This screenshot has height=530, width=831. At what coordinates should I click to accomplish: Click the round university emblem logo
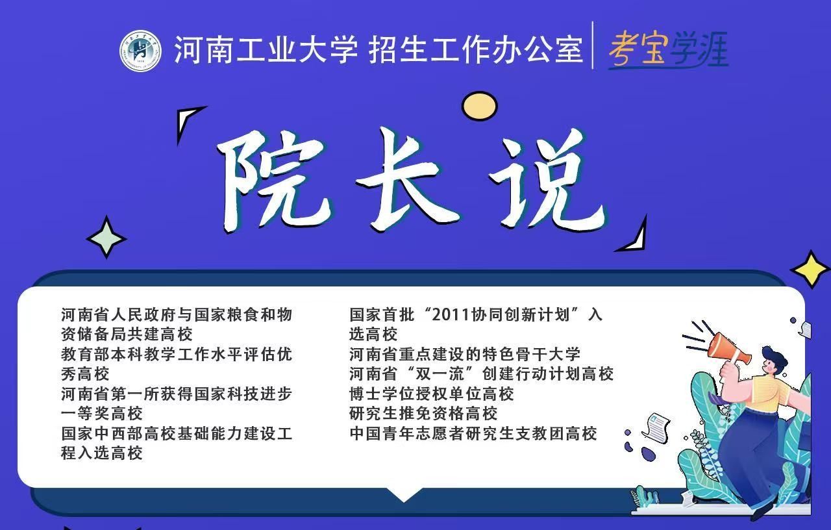[x=141, y=51]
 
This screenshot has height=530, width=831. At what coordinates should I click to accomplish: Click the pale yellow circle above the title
[x=479, y=106]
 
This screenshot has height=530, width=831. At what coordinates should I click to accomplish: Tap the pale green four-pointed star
[x=106, y=238]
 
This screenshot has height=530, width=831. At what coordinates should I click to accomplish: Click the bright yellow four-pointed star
[x=811, y=270]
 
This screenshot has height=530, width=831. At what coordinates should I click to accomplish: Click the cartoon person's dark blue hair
[x=775, y=357]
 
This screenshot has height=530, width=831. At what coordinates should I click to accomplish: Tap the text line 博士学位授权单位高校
[x=432, y=394]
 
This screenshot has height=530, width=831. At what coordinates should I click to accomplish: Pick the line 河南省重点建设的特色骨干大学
[x=465, y=354]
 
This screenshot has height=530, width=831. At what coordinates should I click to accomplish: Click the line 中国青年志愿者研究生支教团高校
[x=473, y=433]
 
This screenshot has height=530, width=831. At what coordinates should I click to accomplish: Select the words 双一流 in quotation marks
[x=440, y=373]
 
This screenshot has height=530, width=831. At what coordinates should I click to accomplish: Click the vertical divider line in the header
[x=593, y=45]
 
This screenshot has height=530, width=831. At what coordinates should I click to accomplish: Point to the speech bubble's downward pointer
[x=404, y=494]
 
